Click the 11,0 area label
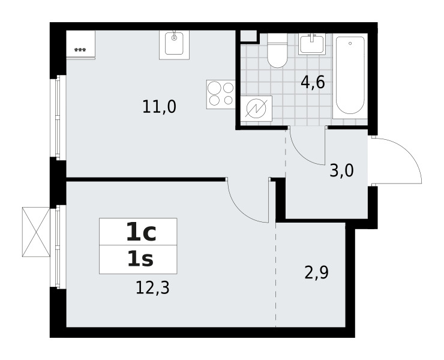[159, 107]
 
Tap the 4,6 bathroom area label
[313, 83]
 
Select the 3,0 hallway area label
[342, 171]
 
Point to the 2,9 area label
[316, 273]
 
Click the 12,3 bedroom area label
[152, 288]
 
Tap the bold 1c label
[141, 232]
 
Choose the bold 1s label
[140, 259]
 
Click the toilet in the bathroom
[277, 51]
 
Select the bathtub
[350, 76]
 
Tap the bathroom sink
[311, 44]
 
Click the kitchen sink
[174, 45]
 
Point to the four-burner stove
[221, 95]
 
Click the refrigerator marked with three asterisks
[80, 45]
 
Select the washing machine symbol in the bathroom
[256, 109]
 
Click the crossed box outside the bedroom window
[36, 232]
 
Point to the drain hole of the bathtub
[350, 43]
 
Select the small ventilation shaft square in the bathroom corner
[248, 35]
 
